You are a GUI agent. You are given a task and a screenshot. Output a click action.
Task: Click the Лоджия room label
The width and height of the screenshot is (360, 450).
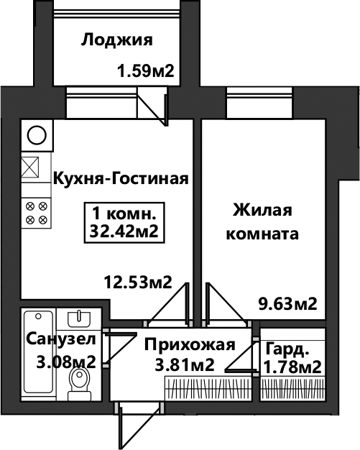[116, 40]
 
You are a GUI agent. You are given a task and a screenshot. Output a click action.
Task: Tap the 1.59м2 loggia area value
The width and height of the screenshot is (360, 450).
[146, 70]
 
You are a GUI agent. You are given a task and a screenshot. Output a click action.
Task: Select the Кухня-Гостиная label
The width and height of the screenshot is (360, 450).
[121, 179]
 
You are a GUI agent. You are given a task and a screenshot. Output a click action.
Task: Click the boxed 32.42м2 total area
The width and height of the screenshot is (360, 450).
[124, 231]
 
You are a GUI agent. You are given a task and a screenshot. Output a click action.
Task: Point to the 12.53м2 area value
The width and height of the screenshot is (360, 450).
[138, 282]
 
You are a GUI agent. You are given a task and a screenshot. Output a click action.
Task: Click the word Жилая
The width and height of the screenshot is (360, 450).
[262, 210]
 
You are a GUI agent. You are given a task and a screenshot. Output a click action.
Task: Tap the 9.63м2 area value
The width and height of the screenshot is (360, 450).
[288, 303]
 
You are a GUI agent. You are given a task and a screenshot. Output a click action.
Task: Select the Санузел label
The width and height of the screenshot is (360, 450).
[61, 339]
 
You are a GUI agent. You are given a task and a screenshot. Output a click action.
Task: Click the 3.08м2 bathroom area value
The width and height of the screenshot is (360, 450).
[66, 362]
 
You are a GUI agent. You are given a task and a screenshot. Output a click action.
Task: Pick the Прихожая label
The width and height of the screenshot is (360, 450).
[190, 344]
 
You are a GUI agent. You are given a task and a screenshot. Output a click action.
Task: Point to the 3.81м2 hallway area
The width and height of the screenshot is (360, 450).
[185, 365]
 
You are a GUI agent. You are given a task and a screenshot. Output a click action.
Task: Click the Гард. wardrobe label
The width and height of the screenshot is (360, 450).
[287, 349]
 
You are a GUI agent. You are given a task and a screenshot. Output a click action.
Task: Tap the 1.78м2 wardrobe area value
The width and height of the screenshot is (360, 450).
[292, 367]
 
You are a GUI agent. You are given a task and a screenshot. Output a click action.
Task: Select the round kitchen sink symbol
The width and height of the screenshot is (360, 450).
[37, 135]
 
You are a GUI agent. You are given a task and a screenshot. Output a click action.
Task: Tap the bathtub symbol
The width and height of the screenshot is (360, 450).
[38, 352]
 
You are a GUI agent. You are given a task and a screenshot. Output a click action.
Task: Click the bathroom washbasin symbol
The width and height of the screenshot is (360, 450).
[79, 319]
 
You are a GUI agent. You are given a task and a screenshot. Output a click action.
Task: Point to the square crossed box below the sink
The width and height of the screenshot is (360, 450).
[30, 167]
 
